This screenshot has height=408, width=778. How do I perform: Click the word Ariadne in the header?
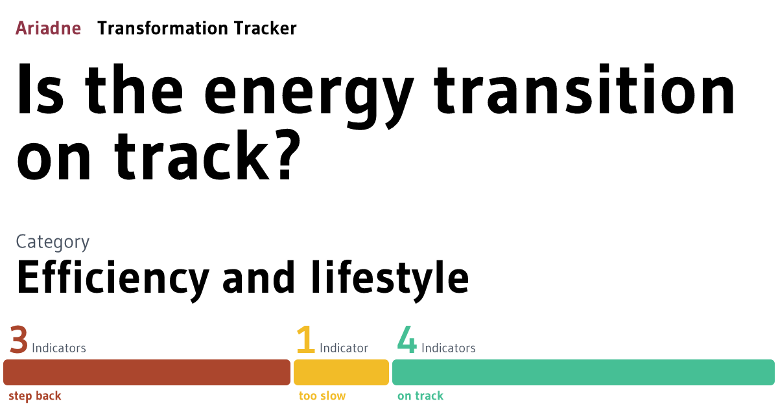tap(48, 28)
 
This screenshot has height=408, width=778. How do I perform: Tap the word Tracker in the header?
tap(263, 28)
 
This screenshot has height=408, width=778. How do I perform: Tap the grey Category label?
tap(53, 242)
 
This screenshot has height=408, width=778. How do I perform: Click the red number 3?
tap(19, 341)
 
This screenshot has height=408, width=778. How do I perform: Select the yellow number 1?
tap(305, 341)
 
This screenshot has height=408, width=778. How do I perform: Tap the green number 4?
tap(407, 341)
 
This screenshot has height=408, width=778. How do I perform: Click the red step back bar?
tap(147, 372)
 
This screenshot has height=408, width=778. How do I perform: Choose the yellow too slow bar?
tap(341, 372)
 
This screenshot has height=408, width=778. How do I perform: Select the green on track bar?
tap(583, 372)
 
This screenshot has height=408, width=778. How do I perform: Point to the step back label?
tap(35, 396)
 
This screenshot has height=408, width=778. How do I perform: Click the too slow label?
tap(322, 396)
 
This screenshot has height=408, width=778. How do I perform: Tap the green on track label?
tap(420, 396)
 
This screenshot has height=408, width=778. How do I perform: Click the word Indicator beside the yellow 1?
tap(344, 348)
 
